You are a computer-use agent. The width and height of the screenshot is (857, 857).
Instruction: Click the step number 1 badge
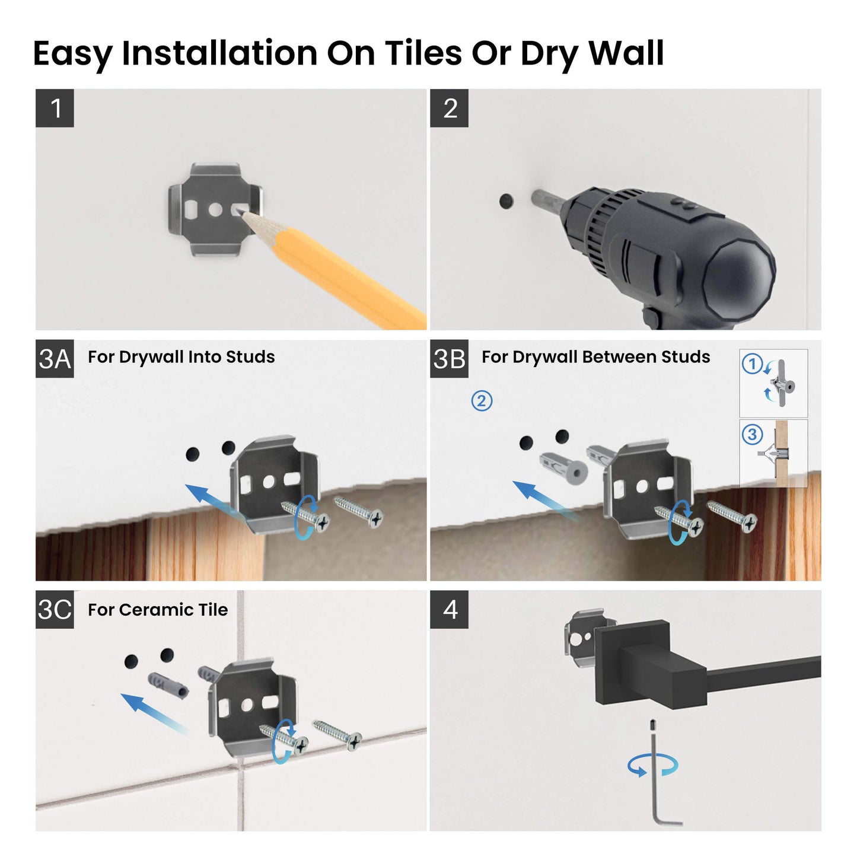click(55, 108)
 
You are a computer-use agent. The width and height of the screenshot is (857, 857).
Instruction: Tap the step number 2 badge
click(449, 108)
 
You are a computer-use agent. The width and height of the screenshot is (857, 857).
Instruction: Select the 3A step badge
click(55, 359)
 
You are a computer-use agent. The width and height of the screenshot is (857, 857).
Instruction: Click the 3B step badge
click(449, 359)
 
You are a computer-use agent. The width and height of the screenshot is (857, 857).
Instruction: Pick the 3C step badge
click(55, 609)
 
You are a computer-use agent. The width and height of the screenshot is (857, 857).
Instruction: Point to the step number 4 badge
click(449, 609)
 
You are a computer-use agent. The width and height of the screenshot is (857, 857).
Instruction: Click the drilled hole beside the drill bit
click(506, 201)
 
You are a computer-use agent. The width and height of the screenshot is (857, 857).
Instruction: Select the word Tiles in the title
click(423, 53)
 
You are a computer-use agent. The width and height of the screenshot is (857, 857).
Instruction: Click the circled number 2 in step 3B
click(482, 401)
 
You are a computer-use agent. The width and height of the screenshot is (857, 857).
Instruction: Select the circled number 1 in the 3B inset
click(752, 364)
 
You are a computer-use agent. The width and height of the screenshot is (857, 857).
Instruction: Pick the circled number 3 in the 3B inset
click(752, 435)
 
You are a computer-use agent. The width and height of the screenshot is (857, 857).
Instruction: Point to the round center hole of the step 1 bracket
click(215, 209)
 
